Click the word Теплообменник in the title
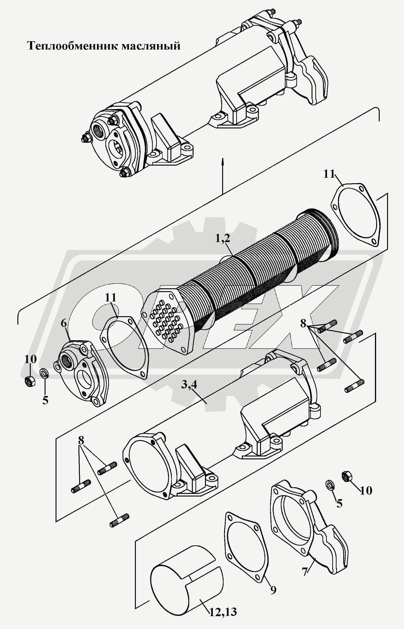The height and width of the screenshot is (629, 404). (x=72, y=46)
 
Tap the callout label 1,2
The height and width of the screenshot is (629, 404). (x=222, y=238)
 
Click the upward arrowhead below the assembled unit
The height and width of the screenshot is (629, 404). (x=222, y=162)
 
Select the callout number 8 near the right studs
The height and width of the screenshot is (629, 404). (x=303, y=324)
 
